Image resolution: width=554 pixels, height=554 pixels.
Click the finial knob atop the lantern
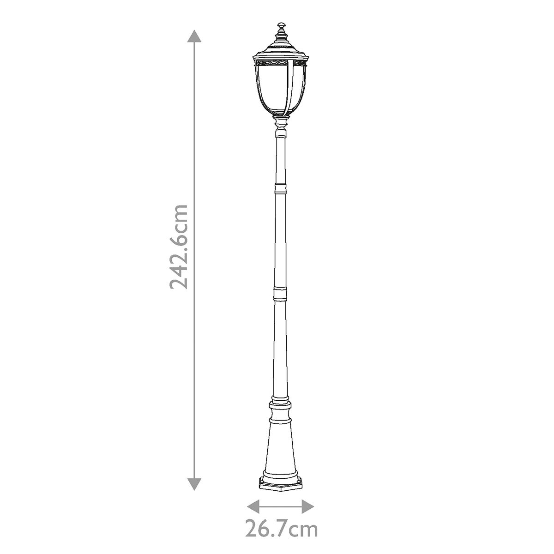click(281, 26)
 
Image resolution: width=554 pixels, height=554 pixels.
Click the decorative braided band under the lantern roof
click(281, 62)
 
